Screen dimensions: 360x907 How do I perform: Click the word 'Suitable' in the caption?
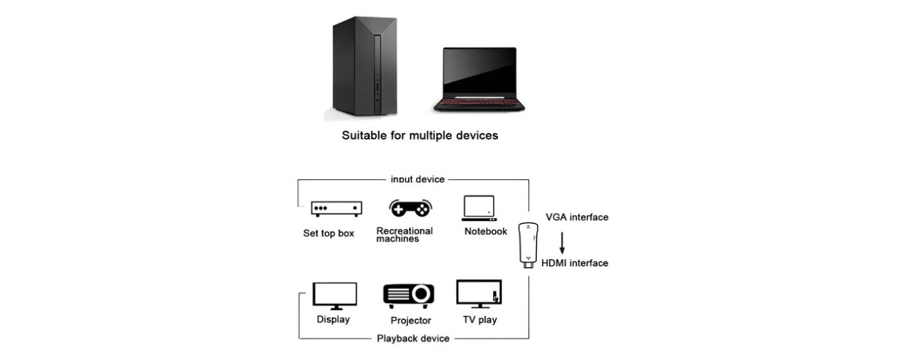(366, 135)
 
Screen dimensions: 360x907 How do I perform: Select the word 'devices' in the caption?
(476, 135)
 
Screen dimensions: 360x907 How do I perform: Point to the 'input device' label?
(418, 179)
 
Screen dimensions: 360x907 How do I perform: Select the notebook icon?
(480, 208)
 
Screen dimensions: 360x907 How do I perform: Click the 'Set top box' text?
(328, 234)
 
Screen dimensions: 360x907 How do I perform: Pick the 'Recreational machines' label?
(404, 234)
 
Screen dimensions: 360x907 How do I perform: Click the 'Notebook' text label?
(486, 232)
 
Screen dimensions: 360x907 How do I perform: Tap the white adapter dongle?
(532, 245)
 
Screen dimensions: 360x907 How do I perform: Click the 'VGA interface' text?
(576, 217)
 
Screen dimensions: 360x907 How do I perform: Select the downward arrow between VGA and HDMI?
(562, 243)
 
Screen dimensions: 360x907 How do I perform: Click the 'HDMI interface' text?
(574, 263)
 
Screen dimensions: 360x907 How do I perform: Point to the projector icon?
(409, 295)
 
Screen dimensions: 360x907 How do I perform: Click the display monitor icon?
(335, 296)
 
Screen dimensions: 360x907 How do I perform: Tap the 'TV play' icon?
(479, 294)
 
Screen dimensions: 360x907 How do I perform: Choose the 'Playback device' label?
(413, 338)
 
